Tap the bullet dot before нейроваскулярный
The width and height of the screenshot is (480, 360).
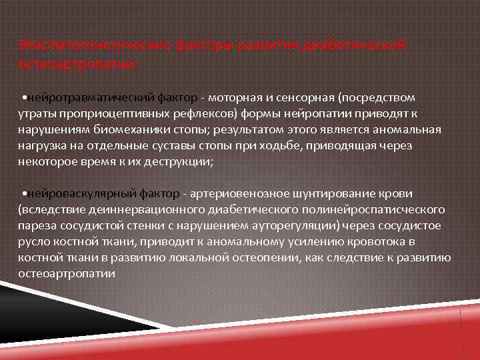click(x=23, y=193)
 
